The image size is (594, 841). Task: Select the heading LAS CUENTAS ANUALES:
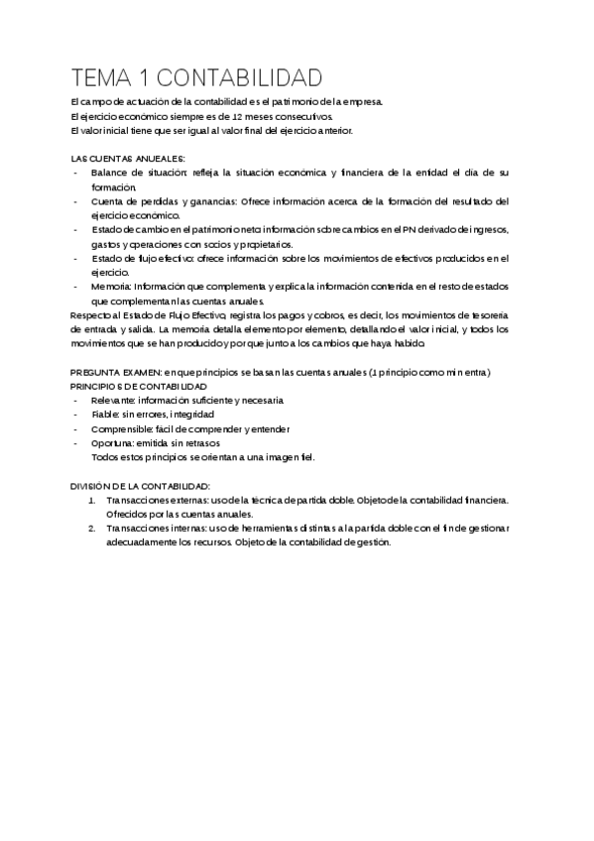click(128, 159)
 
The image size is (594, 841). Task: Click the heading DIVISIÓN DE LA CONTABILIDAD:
click(140, 487)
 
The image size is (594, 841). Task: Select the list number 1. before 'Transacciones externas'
click(91, 501)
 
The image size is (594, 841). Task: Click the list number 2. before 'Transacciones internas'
click(91, 530)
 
